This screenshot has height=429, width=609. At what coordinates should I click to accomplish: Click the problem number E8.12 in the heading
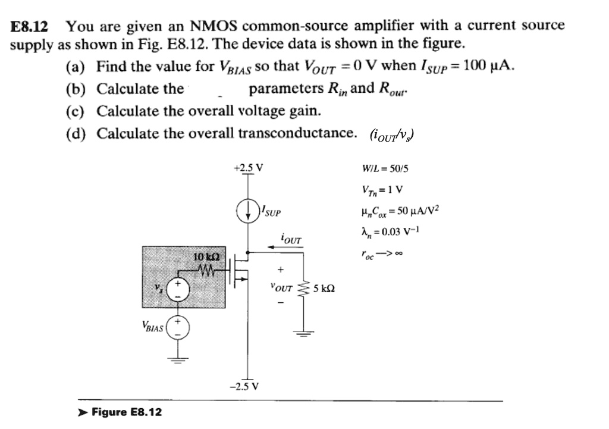[x=30, y=26]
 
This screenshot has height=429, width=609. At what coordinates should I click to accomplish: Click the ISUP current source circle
[x=248, y=211]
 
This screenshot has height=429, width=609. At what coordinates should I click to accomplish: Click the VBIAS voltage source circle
[x=177, y=327]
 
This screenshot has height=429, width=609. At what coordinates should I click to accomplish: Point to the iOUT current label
[x=291, y=240]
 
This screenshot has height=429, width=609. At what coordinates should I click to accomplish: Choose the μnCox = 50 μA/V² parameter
[x=395, y=211]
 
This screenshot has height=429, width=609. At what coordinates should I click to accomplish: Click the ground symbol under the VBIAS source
[x=177, y=358]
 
